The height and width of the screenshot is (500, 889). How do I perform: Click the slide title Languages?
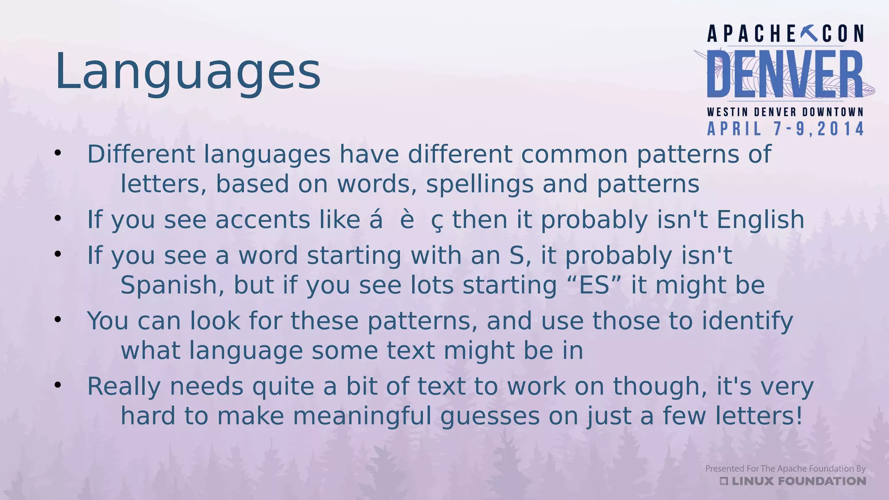tap(188, 72)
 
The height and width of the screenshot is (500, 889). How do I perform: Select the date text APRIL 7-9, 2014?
tap(786, 129)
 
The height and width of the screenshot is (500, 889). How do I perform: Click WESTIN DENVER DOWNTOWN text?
tap(785, 112)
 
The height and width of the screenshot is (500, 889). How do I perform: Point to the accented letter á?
tap(376, 220)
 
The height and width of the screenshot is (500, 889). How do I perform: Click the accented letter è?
tap(407, 220)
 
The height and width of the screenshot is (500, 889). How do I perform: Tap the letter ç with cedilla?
tap(437, 221)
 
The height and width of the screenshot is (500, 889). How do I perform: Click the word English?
tap(761, 220)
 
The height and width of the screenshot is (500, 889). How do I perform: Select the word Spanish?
tap(172, 286)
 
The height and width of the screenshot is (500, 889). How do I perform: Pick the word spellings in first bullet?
tap(479, 184)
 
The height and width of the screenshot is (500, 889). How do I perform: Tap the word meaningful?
tap(362, 416)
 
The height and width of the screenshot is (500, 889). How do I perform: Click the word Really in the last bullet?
tap(124, 387)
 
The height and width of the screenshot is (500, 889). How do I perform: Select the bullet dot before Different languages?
tap(58, 153)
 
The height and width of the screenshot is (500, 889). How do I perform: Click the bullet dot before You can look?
tap(58, 319)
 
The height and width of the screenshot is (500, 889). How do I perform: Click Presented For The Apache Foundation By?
tap(785, 469)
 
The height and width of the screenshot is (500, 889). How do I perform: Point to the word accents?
tap(263, 220)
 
